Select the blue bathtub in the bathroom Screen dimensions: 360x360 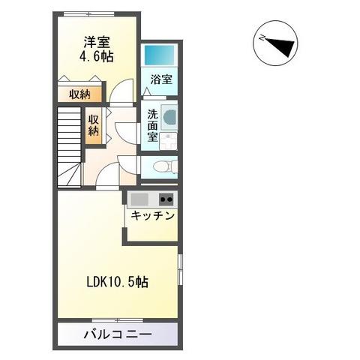[159, 55]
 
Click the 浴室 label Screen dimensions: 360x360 [160, 79]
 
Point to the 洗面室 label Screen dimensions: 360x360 [152, 125]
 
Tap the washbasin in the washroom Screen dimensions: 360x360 [169, 117]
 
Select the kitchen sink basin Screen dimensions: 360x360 [140, 199]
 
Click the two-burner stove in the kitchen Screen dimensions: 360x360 [165, 199]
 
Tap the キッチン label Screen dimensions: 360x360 [152, 216]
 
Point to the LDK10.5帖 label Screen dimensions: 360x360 [115, 283]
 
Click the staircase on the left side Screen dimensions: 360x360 [69, 145]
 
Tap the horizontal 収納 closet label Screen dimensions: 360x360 [80, 94]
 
